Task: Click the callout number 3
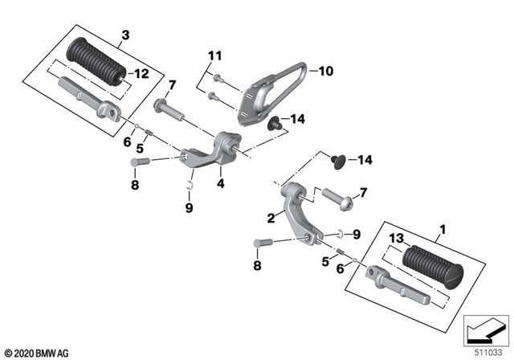[124, 34]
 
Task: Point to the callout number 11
[213, 56]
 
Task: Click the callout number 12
[141, 75]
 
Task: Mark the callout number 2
[271, 218]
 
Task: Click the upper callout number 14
[298, 119]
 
